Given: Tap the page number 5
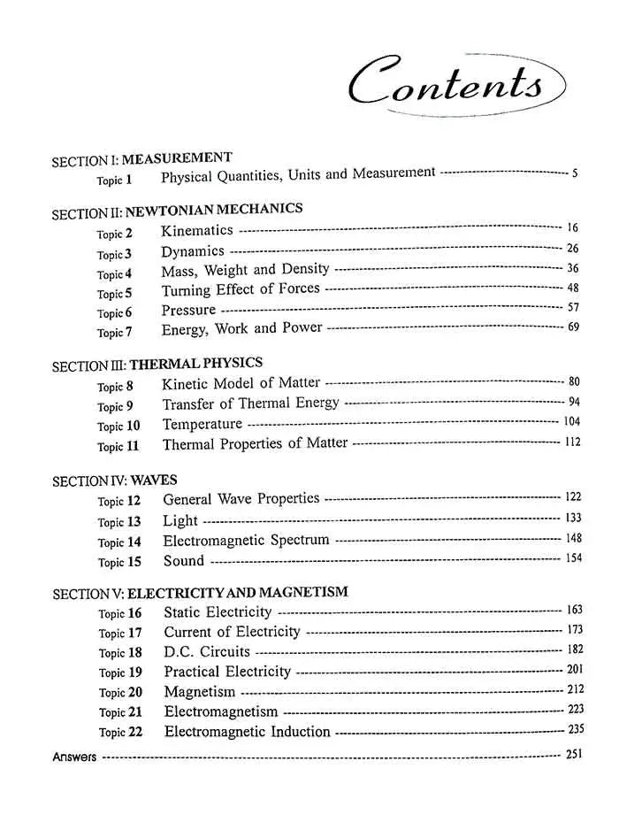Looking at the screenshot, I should [x=575, y=173].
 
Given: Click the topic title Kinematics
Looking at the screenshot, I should [x=197, y=231].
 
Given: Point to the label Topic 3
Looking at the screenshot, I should [x=114, y=254].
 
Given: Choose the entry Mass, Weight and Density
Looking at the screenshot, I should [x=245, y=269].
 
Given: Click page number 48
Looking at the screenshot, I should [x=572, y=288].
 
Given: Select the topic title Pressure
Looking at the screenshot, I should [x=188, y=311].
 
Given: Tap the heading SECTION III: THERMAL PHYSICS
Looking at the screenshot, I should [x=157, y=365].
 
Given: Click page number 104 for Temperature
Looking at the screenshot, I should [x=571, y=422].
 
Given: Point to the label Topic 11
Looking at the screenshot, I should [x=118, y=446].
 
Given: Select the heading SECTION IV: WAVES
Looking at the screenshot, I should [x=115, y=481].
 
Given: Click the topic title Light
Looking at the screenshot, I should [x=180, y=521].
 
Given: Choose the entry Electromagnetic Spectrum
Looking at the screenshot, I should [x=246, y=541].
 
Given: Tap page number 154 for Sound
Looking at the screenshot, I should [x=572, y=557].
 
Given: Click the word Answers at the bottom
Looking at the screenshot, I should [x=74, y=757].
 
